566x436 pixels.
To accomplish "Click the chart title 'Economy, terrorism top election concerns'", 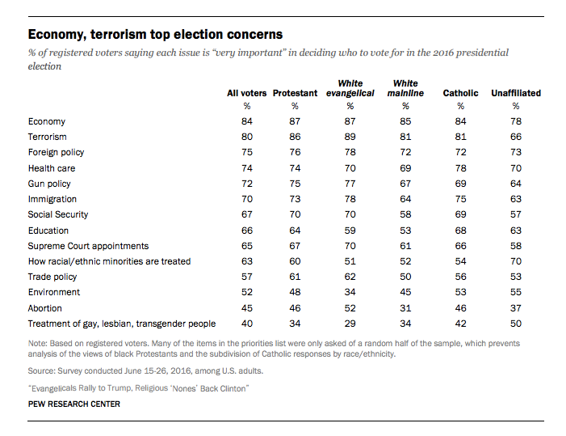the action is tap(155, 34).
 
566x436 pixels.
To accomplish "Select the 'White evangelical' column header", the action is tap(350, 88).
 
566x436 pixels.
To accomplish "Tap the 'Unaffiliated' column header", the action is tap(516, 93).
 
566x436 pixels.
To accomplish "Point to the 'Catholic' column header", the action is tap(460, 93).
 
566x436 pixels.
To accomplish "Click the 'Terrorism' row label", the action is tap(48, 137).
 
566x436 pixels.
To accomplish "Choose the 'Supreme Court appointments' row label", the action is tap(88, 246).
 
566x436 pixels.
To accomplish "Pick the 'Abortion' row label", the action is tap(44, 308).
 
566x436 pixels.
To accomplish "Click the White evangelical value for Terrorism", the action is tap(350, 137).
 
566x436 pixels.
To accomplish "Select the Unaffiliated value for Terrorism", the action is tap(516, 137).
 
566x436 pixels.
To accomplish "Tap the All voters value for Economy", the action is tap(247, 121).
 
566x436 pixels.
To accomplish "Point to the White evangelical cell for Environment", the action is tap(350, 292).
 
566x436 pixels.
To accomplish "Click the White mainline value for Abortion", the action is tap(405, 308).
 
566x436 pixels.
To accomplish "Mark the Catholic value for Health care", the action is tap(460, 168).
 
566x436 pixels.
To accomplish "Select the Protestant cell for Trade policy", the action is tap(295, 277).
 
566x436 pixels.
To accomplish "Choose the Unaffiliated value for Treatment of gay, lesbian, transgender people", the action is tap(516, 324).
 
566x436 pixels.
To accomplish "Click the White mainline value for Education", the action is tap(405, 231).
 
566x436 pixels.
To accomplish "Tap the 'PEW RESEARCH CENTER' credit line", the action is tap(74, 404).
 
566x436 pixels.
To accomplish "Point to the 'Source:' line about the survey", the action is tap(145, 371).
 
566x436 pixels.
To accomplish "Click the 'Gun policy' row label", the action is tap(49, 184).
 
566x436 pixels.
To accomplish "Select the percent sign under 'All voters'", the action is tap(247, 106).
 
